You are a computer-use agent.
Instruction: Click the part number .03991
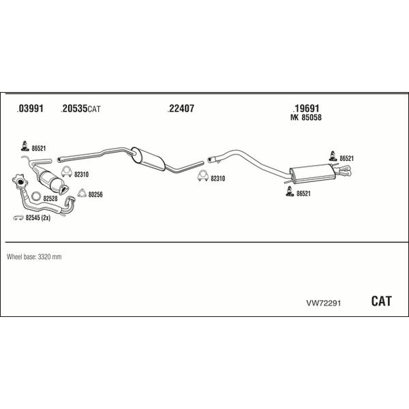pyautogui.click(x=30, y=108)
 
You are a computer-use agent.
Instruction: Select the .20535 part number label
pyautogui.click(x=74, y=108)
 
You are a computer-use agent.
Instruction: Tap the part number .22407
pyautogui.click(x=181, y=108)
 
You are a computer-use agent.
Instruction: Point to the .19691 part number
pyautogui.click(x=306, y=108)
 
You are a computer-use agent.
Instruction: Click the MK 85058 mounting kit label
pyautogui.click(x=306, y=117)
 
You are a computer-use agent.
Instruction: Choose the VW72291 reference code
pyautogui.click(x=323, y=303)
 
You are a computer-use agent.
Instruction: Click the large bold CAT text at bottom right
pyautogui.click(x=381, y=301)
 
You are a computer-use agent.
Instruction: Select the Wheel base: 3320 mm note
pyautogui.click(x=34, y=257)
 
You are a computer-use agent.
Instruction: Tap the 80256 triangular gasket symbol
pyautogui.click(x=82, y=192)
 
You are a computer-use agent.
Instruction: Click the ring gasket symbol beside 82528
pyautogui.click(x=35, y=196)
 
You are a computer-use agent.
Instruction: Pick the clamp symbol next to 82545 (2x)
pyautogui.click(x=18, y=217)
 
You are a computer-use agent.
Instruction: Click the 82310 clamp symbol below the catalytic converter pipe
pyautogui.click(x=67, y=172)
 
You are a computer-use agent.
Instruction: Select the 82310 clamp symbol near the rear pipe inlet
pyautogui.click(x=202, y=176)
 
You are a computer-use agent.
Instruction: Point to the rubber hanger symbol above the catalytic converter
pyautogui.click(x=25, y=146)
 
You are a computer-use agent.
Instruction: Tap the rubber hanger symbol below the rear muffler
pyautogui.click(x=290, y=191)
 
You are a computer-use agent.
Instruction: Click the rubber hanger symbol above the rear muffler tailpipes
pyautogui.click(x=333, y=156)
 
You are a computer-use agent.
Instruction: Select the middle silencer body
pyautogui.click(x=148, y=159)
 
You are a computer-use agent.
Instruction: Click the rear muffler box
pyautogui.click(x=310, y=174)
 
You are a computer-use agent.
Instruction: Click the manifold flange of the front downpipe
pyautogui.click(x=20, y=181)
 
